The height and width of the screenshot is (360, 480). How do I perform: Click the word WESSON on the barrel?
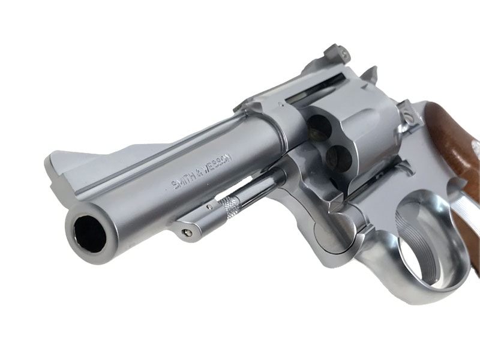point(218,166)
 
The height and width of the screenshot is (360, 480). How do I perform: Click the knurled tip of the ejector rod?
point(230,205)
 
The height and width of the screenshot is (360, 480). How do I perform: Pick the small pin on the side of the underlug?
point(209,207)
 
